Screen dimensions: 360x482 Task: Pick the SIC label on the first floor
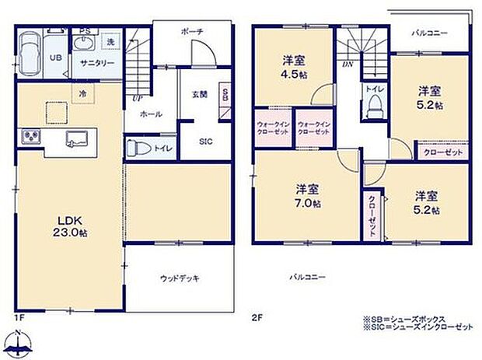tap(205, 142)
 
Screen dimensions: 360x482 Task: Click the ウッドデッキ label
tap(179, 277)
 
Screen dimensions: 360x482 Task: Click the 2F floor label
tap(257, 316)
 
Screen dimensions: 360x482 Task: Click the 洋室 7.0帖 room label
tap(309, 195)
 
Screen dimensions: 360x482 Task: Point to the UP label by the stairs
tap(137, 99)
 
